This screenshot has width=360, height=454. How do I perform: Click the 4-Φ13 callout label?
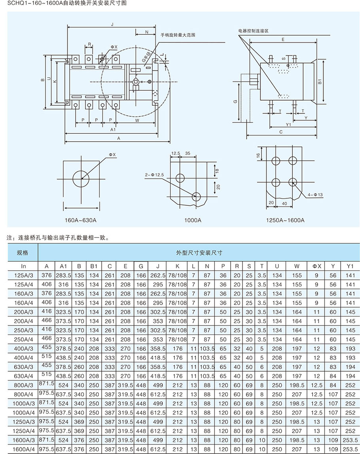pos(315,194)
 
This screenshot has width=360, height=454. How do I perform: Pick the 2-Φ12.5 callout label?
pos(154,174)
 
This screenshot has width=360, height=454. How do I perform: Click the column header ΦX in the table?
pos(317,266)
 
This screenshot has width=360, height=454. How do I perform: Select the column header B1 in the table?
pos(94,266)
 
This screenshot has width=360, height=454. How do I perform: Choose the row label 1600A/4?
pos(23,449)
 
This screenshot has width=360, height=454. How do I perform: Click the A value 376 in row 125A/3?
pos(47,275)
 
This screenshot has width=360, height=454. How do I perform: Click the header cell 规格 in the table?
pos(23,253)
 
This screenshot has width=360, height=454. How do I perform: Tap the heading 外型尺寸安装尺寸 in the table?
pos(199,253)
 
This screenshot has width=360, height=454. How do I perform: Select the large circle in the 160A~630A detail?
pos(81,179)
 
